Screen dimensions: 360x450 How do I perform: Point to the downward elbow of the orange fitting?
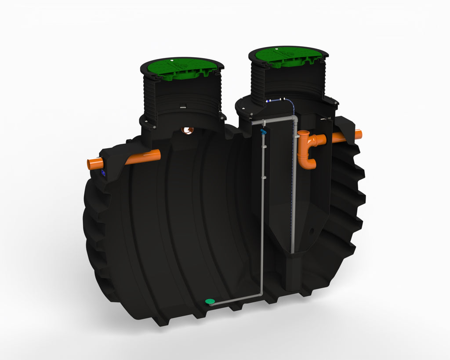click(308, 163)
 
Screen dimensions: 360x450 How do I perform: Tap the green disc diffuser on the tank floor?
click(210, 301)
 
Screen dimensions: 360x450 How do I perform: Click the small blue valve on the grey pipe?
click(263, 131)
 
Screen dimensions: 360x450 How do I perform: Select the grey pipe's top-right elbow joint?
click(294, 118)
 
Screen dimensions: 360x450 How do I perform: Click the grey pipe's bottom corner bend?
click(261, 295)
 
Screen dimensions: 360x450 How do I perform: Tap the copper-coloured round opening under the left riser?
click(188, 130)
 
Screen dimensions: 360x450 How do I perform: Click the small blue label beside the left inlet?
click(104, 173)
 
